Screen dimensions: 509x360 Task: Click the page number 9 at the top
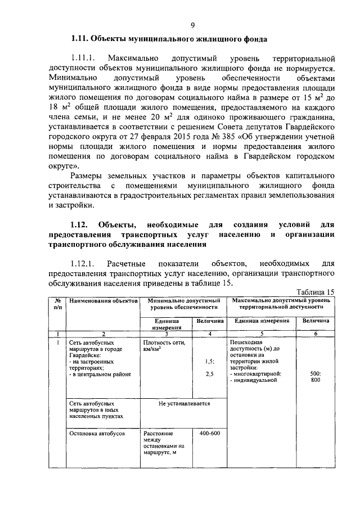pyautogui.click(x=192, y=25)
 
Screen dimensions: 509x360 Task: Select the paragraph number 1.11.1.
pyautogui.click(x=84, y=58)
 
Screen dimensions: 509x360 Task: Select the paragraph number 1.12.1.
pyautogui.click(x=84, y=263)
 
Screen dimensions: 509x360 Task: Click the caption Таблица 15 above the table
pyautogui.click(x=314, y=291)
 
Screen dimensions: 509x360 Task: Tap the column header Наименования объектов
pyautogui.click(x=103, y=301)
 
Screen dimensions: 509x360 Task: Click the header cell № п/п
pyautogui.click(x=57, y=304)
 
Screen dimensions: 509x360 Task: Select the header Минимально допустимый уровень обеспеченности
pyautogui.click(x=183, y=304)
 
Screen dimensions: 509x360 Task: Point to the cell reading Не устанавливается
pyautogui.click(x=184, y=403)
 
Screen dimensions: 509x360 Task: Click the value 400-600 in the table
pyautogui.click(x=209, y=433)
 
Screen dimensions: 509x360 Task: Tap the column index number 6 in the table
pyautogui.click(x=316, y=334)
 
